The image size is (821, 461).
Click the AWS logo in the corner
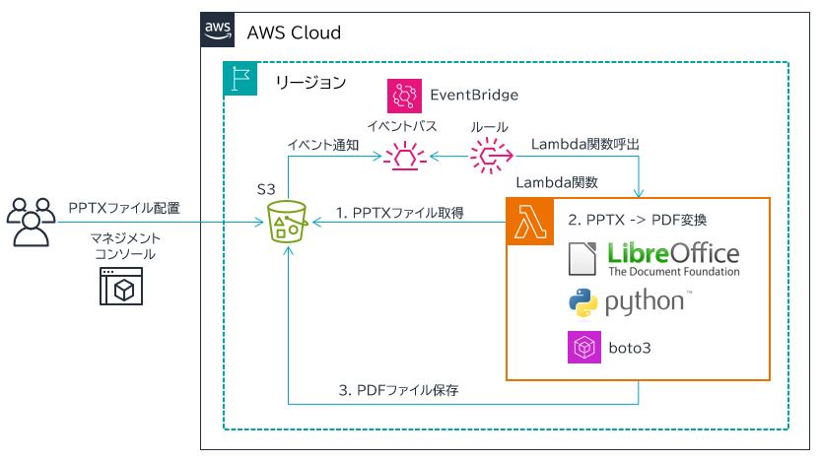[218, 31]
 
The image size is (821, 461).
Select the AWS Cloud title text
[294, 33]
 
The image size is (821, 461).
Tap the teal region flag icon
[239, 79]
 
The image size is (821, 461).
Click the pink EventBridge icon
[404, 96]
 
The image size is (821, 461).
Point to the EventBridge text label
[474, 96]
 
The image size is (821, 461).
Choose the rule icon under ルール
[490, 156]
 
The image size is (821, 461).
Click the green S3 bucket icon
[288, 223]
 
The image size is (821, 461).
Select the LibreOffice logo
[654, 257]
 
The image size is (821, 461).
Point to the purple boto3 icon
[584, 349]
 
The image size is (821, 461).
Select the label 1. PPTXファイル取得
[399, 212]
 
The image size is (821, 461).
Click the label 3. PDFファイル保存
[398, 391]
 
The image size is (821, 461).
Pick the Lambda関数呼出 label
[585, 145]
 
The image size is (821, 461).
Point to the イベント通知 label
[322, 145]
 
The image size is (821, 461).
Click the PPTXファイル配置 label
[124, 209]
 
